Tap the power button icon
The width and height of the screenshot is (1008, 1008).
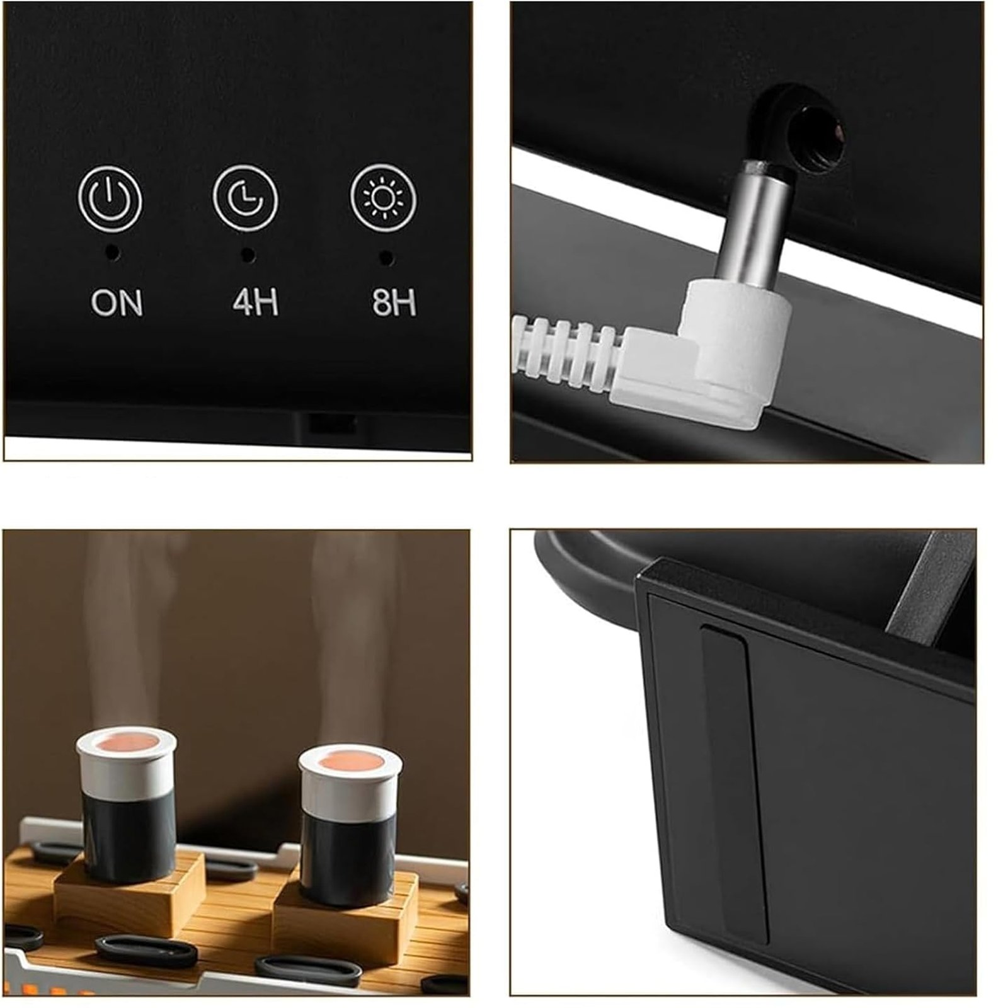(110, 198)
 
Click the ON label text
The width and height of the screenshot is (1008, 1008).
(117, 302)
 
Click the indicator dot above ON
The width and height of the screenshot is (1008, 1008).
(113, 253)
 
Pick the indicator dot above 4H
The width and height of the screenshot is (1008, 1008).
(248, 255)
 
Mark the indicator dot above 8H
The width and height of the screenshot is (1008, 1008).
(387, 257)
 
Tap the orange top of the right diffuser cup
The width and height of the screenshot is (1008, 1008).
(350, 761)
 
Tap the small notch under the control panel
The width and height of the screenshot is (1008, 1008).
(332, 423)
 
